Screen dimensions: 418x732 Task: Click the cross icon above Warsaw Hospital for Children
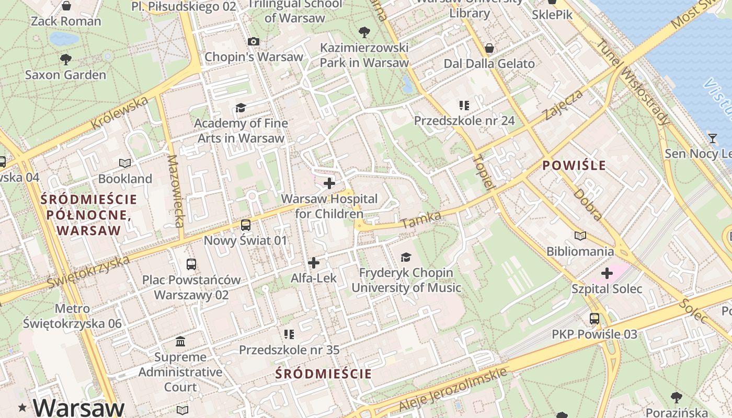329,183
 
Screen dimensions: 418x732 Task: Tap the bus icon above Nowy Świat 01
245,225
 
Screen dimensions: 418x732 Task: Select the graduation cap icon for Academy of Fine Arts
241,108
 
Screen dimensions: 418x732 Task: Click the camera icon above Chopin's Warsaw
254,41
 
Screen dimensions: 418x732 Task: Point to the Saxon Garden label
65,75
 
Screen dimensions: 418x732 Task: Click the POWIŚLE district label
574,166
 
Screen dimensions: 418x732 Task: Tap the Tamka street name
421,220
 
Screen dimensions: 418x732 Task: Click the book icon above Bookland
125,163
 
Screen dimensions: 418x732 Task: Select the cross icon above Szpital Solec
607,273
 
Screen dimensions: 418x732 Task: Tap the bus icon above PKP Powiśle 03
594,318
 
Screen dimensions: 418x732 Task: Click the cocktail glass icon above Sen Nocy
713,138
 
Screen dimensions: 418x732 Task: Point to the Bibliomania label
580,251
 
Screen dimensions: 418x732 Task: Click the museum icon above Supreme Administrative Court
180,342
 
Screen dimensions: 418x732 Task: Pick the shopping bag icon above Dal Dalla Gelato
489,48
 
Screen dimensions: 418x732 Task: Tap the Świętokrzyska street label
88,271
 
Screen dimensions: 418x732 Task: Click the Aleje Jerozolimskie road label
453,389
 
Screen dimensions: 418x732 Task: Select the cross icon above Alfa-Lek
314,262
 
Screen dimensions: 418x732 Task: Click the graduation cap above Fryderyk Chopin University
406,257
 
